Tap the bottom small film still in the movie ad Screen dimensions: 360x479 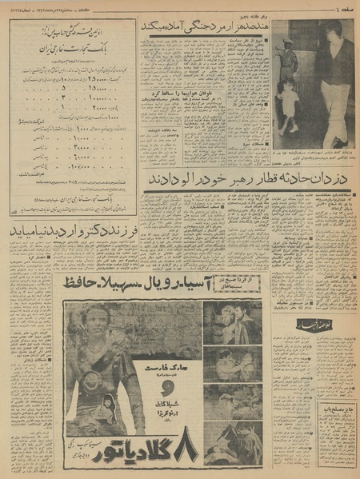tap(233, 443)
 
